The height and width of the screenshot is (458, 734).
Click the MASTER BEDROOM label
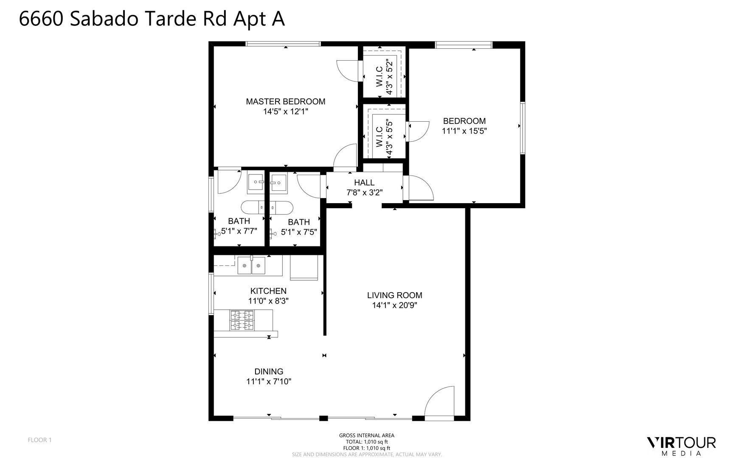tap(285, 102)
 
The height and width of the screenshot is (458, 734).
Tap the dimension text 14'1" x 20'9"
tap(394, 305)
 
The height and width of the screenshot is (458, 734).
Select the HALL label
tap(364, 182)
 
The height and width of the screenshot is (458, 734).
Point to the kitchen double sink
tap(251, 265)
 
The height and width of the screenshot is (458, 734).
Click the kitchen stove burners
tap(242, 320)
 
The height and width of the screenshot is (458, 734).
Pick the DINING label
tap(269, 371)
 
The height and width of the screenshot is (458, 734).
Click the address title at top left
tap(152, 19)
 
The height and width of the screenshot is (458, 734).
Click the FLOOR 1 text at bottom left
tap(39, 440)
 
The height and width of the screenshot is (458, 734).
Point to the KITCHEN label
tap(268, 291)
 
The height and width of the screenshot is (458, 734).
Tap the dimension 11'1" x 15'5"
tap(464, 131)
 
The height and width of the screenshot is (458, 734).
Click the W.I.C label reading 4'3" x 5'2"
tap(384, 78)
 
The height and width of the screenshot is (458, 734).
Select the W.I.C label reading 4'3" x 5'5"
tap(384, 137)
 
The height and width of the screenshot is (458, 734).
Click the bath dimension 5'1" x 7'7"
tap(239, 232)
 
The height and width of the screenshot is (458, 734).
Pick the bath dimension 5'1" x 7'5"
tap(299, 232)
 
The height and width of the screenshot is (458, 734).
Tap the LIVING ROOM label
tap(394, 295)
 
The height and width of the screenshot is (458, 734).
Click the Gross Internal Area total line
tap(366, 441)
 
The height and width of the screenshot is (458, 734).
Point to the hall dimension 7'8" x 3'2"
tap(364, 193)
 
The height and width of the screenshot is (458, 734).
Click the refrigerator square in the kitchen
tap(304, 267)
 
